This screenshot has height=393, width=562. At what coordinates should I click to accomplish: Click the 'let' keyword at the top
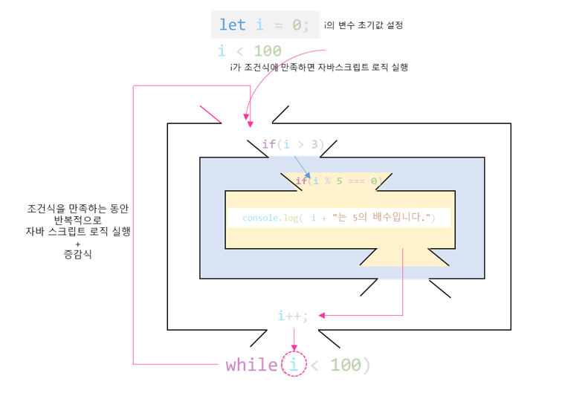(x=232, y=25)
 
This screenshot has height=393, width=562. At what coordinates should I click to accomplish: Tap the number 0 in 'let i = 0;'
(x=297, y=25)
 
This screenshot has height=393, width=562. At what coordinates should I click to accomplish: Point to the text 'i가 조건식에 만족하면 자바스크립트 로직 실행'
(x=320, y=67)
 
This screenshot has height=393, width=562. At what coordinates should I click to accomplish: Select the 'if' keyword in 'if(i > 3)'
(x=268, y=144)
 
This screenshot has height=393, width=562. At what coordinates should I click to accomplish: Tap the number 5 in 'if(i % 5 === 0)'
(x=338, y=181)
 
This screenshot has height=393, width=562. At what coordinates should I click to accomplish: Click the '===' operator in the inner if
(x=357, y=181)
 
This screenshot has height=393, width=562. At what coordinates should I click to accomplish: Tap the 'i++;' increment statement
(x=292, y=316)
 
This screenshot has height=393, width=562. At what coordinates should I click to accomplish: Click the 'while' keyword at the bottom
(x=251, y=365)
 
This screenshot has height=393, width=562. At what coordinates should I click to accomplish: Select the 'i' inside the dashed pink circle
(x=295, y=365)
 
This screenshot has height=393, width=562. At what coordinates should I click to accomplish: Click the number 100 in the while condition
(x=346, y=365)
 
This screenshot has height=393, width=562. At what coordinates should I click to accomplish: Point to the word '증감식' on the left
(x=78, y=255)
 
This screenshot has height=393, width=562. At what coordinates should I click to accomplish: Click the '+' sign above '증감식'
(x=77, y=243)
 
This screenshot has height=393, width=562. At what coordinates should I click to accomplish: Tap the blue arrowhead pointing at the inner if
(x=307, y=175)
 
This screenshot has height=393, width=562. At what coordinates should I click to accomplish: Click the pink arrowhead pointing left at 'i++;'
(x=323, y=316)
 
